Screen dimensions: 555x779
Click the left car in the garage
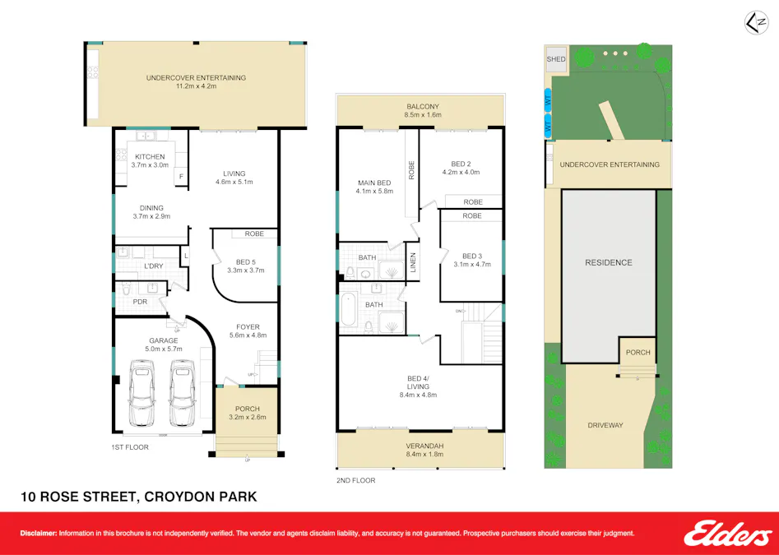(x=142, y=396)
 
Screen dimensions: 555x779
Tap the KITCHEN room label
(x=150, y=156)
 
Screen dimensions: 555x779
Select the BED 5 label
(x=245, y=261)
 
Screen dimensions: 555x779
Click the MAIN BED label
(x=374, y=183)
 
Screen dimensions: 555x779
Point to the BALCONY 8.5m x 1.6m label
(x=423, y=110)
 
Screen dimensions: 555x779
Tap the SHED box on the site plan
(x=556, y=59)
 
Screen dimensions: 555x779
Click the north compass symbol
(x=753, y=23)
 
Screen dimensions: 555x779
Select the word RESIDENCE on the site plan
(x=609, y=262)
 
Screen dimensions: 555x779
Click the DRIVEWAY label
(x=605, y=425)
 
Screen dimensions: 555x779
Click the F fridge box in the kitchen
(x=180, y=176)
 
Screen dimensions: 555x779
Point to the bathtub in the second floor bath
(x=347, y=312)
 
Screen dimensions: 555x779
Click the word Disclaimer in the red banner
(x=39, y=533)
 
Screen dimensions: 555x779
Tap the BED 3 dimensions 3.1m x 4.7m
(x=471, y=264)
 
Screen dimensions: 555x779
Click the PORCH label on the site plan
(x=638, y=352)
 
